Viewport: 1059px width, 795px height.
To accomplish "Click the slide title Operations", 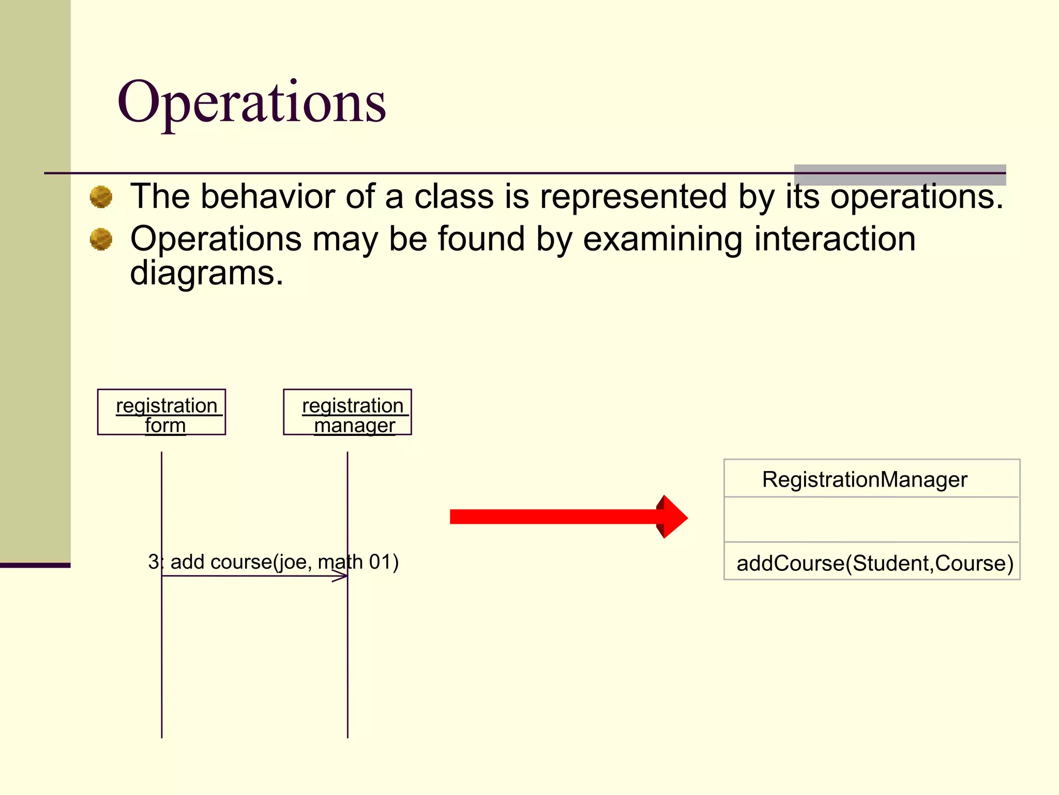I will (x=252, y=102).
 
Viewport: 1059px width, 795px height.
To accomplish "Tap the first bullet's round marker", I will (x=101, y=197).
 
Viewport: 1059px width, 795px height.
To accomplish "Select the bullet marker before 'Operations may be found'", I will (x=101, y=239).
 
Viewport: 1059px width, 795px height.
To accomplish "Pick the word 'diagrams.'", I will (x=206, y=273).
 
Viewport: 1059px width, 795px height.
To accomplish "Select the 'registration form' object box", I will (x=161, y=412).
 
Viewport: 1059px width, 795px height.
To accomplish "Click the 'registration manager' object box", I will (x=347, y=412).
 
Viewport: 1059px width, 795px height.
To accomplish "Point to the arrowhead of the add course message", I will (x=341, y=576).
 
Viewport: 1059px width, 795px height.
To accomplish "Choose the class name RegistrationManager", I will (x=865, y=479).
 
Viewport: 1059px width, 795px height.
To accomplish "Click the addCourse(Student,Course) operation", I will (x=875, y=563).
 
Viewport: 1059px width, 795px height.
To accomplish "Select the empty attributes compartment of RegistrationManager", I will (x=872, y=520).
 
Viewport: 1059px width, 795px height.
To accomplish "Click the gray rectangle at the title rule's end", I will (x=900, y=175).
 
